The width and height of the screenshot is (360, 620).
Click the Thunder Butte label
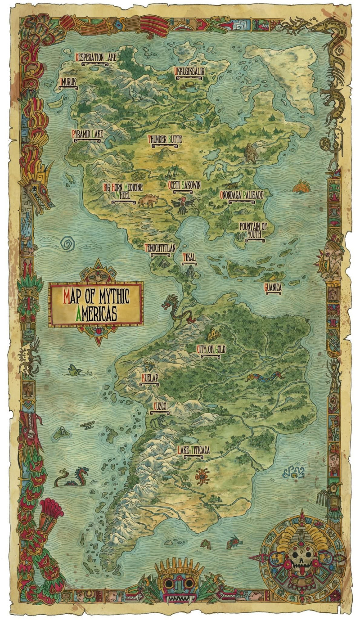[x=165, y=140]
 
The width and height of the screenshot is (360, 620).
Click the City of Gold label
[x=211, y=350]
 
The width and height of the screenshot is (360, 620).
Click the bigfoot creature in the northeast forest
[x=251, y=153]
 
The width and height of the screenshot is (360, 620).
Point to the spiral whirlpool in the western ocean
[x=69, y=243]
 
